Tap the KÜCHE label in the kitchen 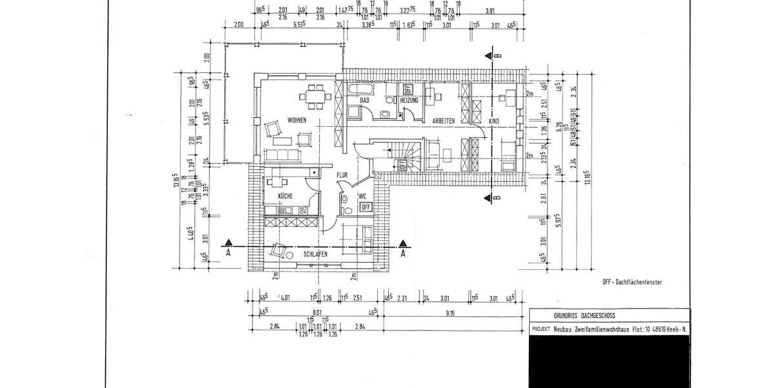click(285, 195)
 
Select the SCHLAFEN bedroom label click(315, 255)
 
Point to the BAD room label click(364, 101)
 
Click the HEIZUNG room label click(409, 101)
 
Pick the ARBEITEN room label click(444, 121)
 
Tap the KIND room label click(494, 121)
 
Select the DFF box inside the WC click(365, 207)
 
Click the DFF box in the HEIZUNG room click(408, 89)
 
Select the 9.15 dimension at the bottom click(450, 314)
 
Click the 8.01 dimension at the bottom click(317, 310)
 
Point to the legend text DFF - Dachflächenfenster click(632, 283)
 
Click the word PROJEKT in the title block click(540, 329)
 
